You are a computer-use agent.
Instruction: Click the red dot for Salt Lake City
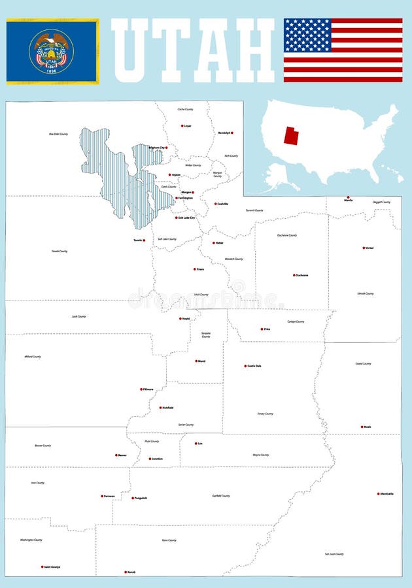175,218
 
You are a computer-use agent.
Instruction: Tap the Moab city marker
362,427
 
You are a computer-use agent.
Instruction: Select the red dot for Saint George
42,566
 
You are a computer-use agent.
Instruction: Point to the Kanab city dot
125,572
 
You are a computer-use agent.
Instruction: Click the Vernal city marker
364,248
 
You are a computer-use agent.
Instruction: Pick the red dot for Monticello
378,494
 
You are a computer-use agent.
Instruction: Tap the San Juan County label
334,554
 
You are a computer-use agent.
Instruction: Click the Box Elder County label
58,134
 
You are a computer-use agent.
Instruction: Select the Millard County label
32,357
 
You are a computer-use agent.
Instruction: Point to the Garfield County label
221,496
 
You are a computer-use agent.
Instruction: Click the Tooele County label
60,251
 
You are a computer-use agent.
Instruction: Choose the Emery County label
265,414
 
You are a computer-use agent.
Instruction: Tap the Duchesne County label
287,235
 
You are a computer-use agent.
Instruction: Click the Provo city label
200,269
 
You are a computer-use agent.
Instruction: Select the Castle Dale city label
254,366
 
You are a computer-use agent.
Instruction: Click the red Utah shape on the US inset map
292,135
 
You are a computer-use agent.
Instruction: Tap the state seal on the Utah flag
52,51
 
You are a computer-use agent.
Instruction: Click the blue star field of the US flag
307,35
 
